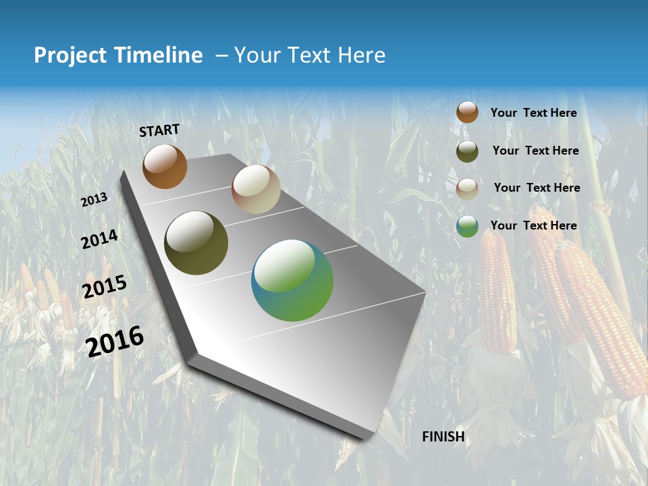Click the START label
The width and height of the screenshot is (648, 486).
tap(159, 130)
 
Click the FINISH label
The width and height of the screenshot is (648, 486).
tap(443, 437)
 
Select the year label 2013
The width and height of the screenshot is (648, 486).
tap(94, 199)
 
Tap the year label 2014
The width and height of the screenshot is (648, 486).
tap(99, 239)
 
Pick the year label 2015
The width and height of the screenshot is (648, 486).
tap(104, 287)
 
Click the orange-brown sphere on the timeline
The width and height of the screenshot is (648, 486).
tap(165, 167)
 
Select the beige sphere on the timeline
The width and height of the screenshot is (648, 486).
tap(256, 189)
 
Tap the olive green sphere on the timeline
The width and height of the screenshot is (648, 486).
tap(196, 243)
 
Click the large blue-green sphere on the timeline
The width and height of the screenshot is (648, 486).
tap(292, 280)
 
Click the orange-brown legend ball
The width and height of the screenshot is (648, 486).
tap(467, 113)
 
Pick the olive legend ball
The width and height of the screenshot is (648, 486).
tap(467, 151)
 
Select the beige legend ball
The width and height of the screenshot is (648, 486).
tap(467, 188)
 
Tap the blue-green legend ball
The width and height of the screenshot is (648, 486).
tap(467, 226)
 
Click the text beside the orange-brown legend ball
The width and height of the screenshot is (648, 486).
tap(533, 113)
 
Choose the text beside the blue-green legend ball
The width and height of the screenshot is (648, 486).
tap(533, 225)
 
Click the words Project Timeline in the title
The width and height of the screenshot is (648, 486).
tap(118, 55)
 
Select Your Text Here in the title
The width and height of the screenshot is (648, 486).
tap(309, 55)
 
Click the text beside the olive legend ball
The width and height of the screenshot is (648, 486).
tap(535, 151)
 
